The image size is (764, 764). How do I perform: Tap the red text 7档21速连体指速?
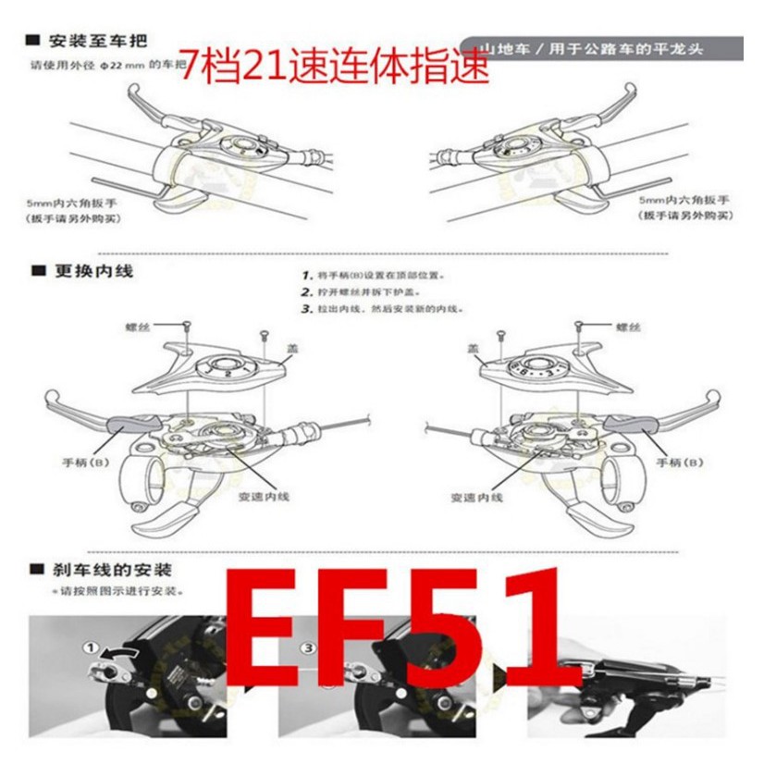[x=333, y=68]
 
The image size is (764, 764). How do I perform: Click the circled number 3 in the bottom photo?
[x=306, y=647]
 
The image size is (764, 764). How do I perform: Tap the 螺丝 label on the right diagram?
[x=628, y=327]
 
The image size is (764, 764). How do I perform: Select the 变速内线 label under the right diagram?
[x=477, y=497]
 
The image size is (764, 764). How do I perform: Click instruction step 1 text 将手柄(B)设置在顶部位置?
[x=381, y=276]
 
